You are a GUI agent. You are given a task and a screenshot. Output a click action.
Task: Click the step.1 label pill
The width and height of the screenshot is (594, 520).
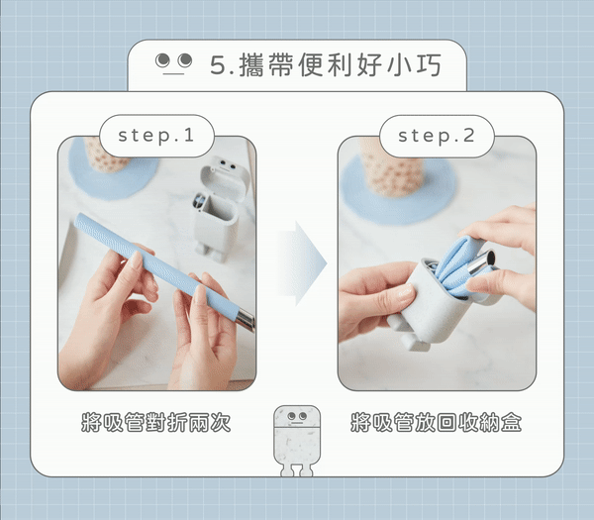pyautogui.click(x=156, y=136)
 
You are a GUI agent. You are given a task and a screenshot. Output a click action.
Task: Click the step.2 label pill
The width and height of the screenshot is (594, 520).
pyautogui.click(x=437, y=136)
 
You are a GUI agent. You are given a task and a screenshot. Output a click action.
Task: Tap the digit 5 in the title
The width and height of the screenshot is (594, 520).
pyautogui.click(x=218, y=65)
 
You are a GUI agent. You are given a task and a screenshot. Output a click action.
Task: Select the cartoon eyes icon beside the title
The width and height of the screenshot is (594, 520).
pyautogui.click(x=174, y=62)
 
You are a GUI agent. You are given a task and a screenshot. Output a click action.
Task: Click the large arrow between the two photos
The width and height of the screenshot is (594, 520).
pyautogui.click(x=302, y=263)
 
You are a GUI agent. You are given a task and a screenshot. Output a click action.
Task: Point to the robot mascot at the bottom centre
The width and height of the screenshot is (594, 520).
pyautogui.click(x=297, y=441)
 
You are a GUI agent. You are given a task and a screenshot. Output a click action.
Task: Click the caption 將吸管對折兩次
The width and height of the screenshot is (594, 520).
pyautogui.click(x=156, y=422)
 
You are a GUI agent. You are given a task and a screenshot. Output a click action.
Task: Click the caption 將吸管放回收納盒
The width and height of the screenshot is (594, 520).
pyautogui.click(x=436, y=422)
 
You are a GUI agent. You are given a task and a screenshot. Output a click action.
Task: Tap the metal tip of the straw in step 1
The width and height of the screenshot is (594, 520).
pyautogui.click(x=247, y=320)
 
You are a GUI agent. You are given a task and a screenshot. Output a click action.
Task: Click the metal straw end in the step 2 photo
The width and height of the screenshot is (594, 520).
pyautogui.click(x=483, y=261)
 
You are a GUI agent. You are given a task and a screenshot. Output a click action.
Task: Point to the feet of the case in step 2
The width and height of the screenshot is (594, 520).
pyautogui.click(x=408, y=333)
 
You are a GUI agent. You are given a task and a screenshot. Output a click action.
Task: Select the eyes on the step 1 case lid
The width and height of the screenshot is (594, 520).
pyautogui.click(x=227, y=164)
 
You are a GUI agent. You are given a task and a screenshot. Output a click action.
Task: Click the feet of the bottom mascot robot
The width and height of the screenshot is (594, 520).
pyautogui.click(x=297, y=469)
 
